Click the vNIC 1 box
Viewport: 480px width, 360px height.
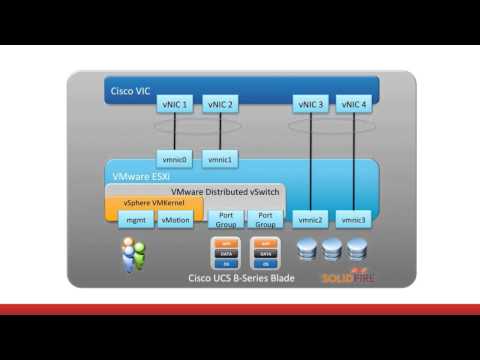[x=176, y=104]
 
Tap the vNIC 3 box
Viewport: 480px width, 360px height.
[x=311, y=104]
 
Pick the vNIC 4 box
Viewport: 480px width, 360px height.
[x=353, y=104]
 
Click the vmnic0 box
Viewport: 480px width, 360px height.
[x=176, y=159]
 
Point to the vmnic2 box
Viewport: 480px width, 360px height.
[x=311, y=219]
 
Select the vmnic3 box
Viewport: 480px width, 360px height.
[x=353, y=219]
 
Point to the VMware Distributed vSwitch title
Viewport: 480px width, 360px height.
[x=226, y=190]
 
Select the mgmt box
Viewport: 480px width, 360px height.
[x=134, y=219]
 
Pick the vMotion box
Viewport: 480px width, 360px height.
[x=175, y=219]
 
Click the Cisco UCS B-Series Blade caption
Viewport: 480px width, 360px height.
[x=236, y=277]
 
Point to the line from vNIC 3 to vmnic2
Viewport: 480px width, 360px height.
[x=311, y=160]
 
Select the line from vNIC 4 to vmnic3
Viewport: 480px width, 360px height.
[x=353, y=160]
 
